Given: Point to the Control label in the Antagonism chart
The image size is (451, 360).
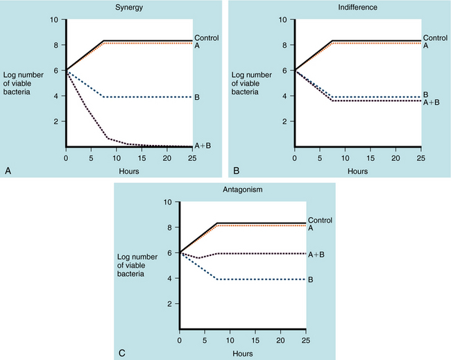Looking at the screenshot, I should pyautogui.click(x=319, y=221).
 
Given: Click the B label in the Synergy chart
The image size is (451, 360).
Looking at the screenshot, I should pyautogui.click(x=197, y=97).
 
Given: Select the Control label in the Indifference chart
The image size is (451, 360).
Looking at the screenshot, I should pyautogui.click(x=434, y=37).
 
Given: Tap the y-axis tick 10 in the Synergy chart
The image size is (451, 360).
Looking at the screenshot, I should pyautogui.click(x=56, y=19).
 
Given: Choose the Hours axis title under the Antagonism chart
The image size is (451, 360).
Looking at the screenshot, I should pyautogui.click(x=242, y=353).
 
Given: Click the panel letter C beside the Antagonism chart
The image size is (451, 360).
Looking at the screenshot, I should pyautogui.click(x=122, y=352).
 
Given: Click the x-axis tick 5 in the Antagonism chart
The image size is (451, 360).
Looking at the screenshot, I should pyautogui.click(x=206, y=341).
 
